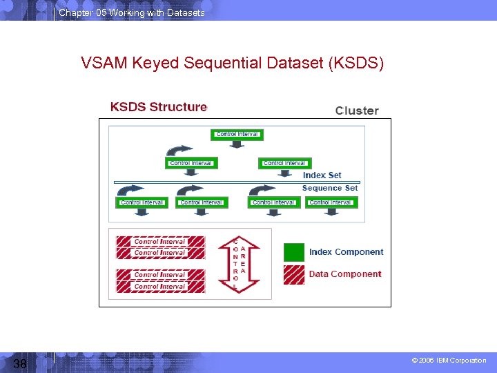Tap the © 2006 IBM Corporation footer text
pos(449,361)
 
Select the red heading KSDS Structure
pos(158,107)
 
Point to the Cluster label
pos(357,111)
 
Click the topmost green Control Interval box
pos(237,134)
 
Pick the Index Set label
pos(322,175)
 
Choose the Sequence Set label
pos(330,188)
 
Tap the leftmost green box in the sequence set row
pos(142,202)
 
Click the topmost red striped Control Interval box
pos(160,242)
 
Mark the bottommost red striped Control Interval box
pos(160,286)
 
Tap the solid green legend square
pos(293,252)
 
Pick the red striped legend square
pos(293,274)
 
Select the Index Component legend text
pos(346,252)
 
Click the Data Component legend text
pos(344,274)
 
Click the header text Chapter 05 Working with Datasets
pos(132,12)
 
